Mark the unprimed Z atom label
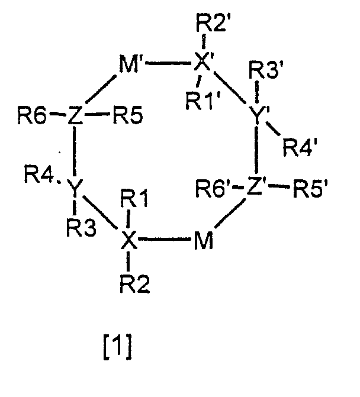click(74, 115)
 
